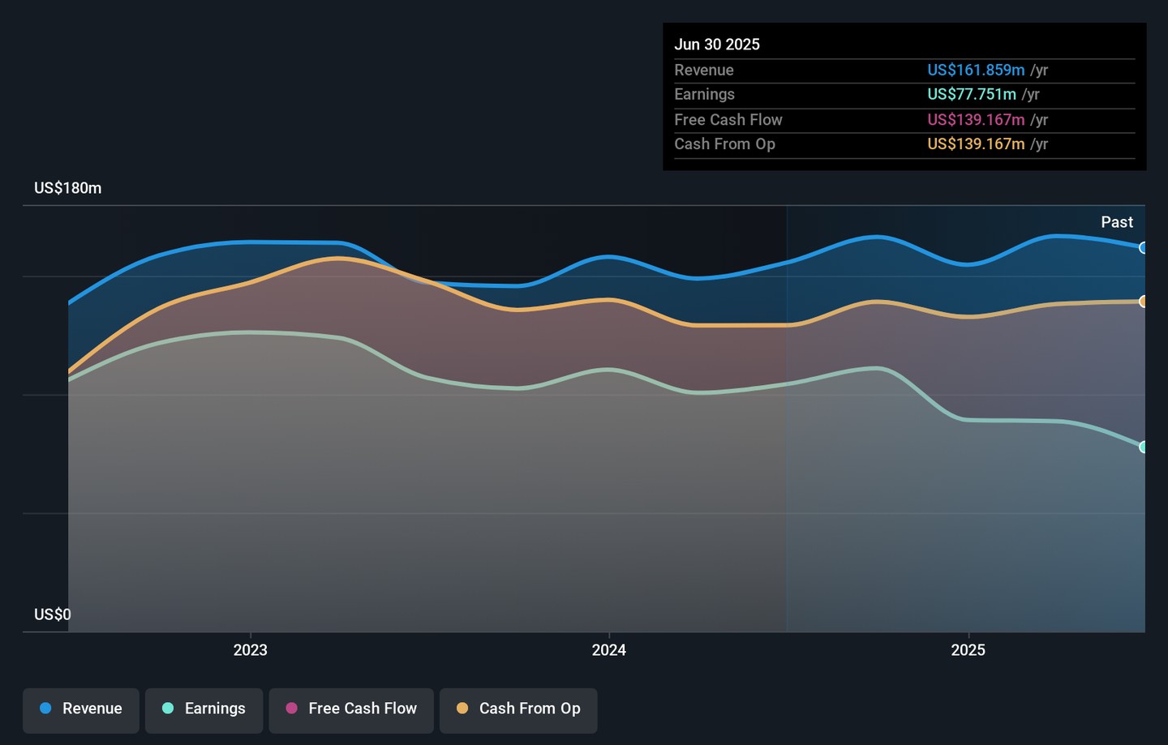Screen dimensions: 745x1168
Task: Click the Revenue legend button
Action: [81, 709]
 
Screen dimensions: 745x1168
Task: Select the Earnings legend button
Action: [204, 709]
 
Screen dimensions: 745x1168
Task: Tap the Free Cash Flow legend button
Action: [351, 709]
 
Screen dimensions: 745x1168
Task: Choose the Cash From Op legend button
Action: [518, 709]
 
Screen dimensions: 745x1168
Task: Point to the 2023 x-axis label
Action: [250, 650]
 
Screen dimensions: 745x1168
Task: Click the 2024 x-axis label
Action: [608, 650]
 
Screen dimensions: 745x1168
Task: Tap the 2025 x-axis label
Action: [968, 650]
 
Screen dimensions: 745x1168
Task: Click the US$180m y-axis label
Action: [68, 188]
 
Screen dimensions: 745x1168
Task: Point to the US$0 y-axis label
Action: [53, 614]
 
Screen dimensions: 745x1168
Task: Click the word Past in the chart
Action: [1116, 222]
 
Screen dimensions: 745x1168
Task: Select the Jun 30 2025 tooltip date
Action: [717, 45]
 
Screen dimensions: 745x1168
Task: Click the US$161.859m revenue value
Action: [976, 71]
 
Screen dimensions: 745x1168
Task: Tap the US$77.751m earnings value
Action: [972, 95]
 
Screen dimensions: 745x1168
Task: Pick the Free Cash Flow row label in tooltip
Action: [728, 120]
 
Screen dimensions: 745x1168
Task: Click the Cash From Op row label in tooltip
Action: [724, 144]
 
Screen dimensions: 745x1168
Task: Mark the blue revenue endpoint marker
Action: [1143, 248]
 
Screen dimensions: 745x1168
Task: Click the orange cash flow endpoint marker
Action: [1143, 302]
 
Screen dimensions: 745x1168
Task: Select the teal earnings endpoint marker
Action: [1143, 447]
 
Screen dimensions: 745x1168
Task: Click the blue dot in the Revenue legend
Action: [46, 709]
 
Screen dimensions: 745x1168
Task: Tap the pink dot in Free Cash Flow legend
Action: [292, 709]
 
